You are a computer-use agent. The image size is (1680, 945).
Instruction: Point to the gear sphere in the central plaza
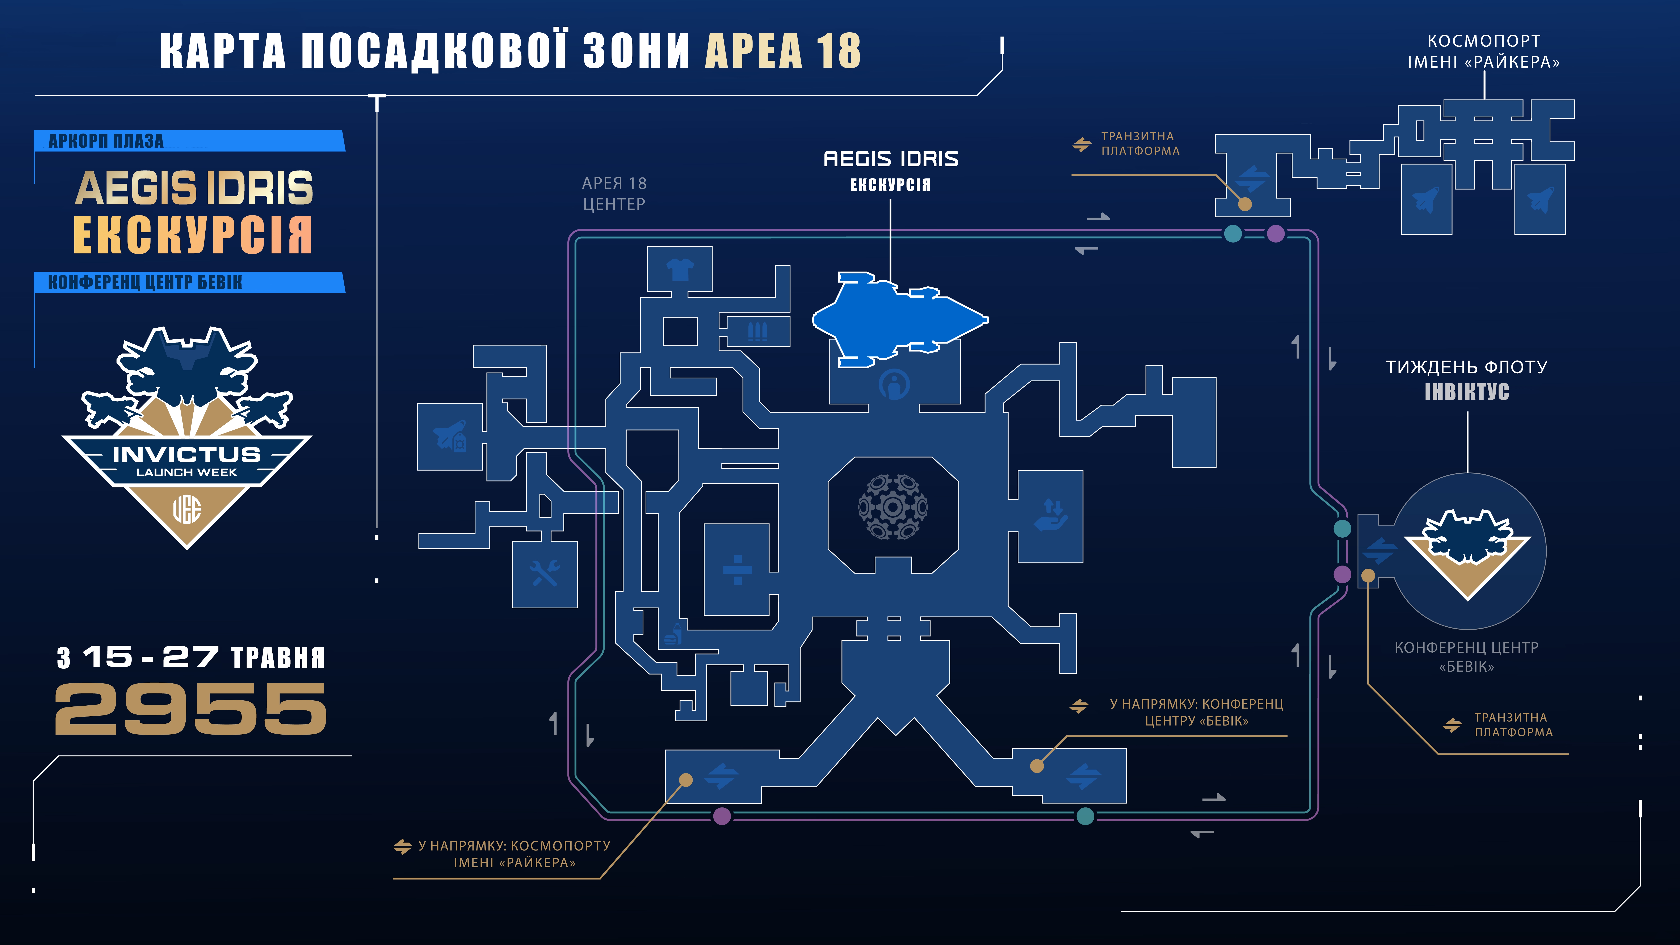tap(893, 507)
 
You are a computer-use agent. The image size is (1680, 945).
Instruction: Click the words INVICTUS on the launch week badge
tap(186, 455)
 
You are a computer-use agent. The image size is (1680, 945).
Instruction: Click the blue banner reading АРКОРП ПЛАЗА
tap(189, 141)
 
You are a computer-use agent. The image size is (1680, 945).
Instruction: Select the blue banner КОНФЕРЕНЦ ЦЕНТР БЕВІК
tap(189, 282)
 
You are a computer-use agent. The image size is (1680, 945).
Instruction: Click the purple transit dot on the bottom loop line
tap(722, 816)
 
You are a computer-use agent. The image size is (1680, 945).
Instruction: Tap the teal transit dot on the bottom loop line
tap(1085, 816)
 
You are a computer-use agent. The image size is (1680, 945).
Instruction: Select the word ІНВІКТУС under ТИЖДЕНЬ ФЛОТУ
tap(1467, 392)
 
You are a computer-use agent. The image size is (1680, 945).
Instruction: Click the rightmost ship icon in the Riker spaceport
tap(1540, 199)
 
